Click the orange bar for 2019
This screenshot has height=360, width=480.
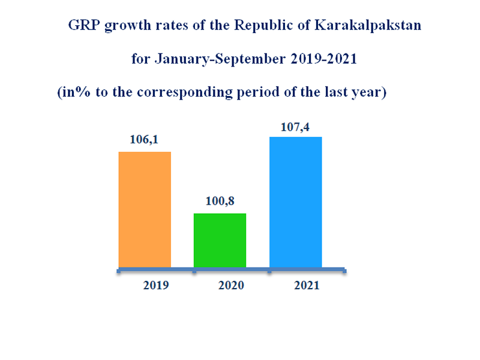(x=145, y=209)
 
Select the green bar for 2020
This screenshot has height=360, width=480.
(x=220, y=240)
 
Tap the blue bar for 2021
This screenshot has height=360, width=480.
(x=296, y=202)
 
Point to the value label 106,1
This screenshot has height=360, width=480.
(x=144, y=140)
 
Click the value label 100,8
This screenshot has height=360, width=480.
(x=220, y=202)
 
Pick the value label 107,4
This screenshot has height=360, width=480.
(x=295, y=127)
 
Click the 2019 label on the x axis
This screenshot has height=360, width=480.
(x=155, y=286)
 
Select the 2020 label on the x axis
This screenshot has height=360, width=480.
(x=231, y=286)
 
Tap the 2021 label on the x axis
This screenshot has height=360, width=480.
(x=307, y=286)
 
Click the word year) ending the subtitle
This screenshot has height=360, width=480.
(x=369, y=93)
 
